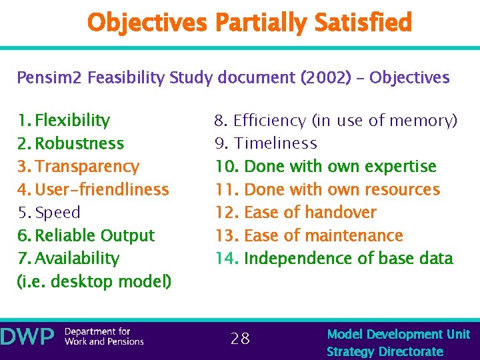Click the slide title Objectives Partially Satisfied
tap(249, 23)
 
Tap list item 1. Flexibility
tap(63, 121)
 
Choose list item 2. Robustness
tap(70, 143)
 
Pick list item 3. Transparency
tap(78, 167)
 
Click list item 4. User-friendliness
tap(93, 189)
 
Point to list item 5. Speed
tap(49, 213)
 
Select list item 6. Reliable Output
tap(85, 235)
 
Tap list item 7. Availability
tap(68, 259)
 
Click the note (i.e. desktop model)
tap(94, 282)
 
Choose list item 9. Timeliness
tap(265, 143)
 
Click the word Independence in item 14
tap(293, 259)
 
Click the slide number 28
tap(240, 339)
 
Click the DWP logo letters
tap(27, 337)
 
